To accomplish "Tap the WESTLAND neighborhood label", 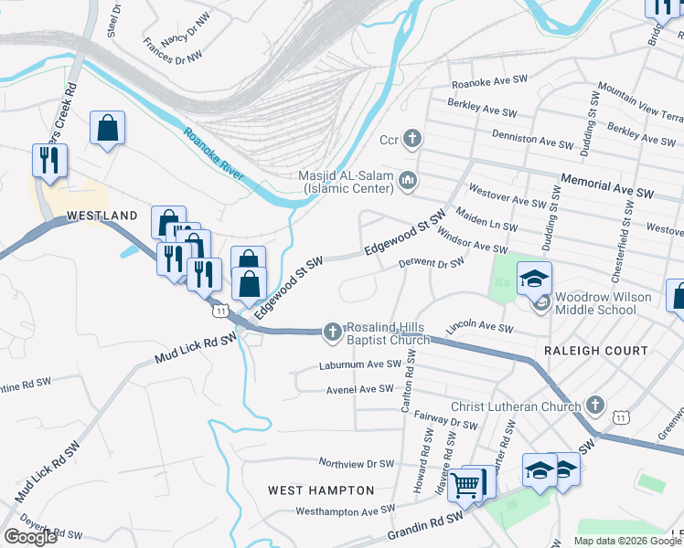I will click(102, 216).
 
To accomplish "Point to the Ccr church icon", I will click(412, 140).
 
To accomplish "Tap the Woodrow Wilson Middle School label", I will click(603, 303).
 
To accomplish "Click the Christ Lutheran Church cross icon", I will click(595, 405).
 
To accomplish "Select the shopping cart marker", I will click(466, 486).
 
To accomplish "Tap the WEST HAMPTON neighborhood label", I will click(321, 490).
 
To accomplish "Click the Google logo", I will click(30, 536).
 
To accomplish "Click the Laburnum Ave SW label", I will click(359, 364).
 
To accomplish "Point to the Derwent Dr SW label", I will click(431, 263).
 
